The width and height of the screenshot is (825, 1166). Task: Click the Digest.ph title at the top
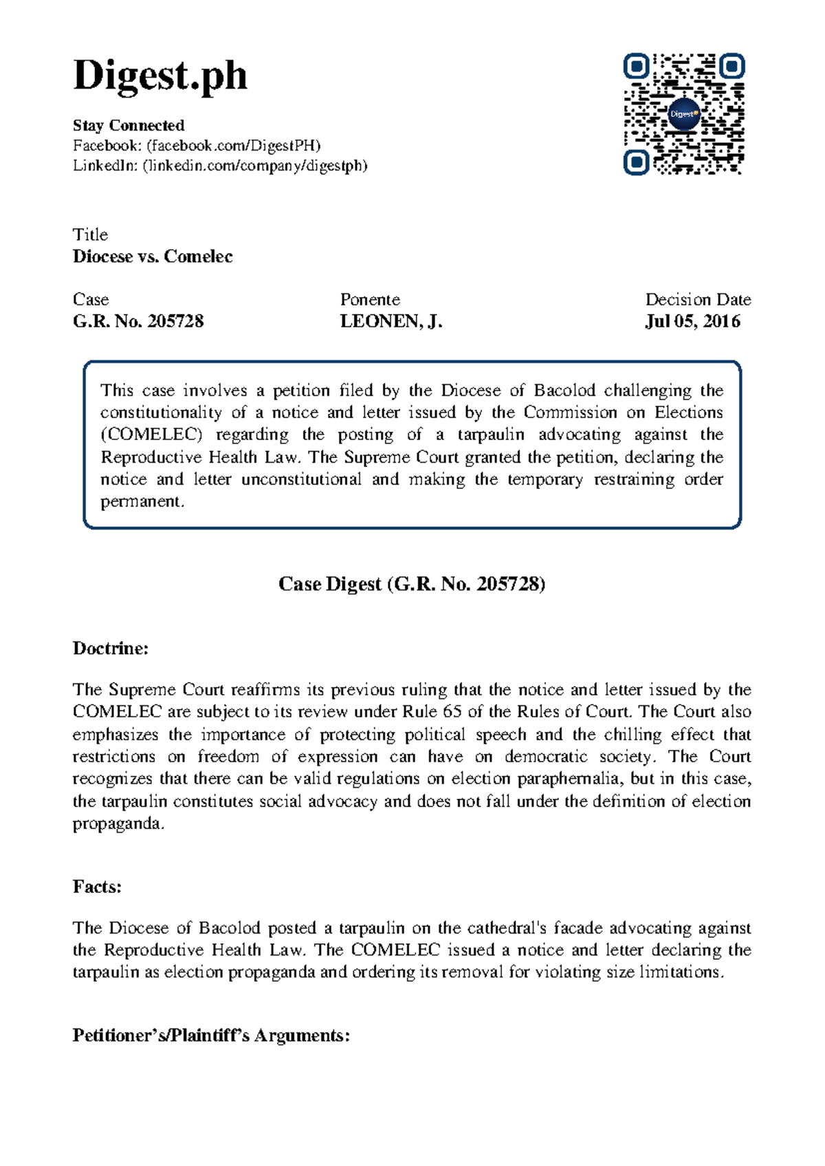(159, 76)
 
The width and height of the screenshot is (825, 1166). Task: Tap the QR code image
(684, 114)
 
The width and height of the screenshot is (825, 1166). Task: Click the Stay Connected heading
(129, 125)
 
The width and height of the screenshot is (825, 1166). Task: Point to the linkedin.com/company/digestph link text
(254, 166)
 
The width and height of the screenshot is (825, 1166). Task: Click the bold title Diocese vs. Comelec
(153, 256)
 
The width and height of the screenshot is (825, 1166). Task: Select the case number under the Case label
(138, 321)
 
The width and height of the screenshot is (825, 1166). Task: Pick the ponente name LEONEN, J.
(390, 321)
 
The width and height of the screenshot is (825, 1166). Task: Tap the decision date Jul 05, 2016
(692, 321)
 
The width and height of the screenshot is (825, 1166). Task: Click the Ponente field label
(370, 300)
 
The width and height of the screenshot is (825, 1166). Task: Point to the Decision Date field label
(697, 300)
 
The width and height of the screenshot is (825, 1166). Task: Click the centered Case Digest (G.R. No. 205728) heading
(412, 584)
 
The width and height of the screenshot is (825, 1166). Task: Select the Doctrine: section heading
(111, 648)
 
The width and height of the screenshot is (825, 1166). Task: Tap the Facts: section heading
(97, 887)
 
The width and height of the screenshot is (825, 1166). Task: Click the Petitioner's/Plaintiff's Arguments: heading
(211, 1035)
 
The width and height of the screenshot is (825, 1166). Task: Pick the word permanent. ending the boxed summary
(142, 502)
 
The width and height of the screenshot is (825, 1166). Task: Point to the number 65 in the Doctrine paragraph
(452, 712)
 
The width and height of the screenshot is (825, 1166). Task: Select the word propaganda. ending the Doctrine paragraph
(118, 824)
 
